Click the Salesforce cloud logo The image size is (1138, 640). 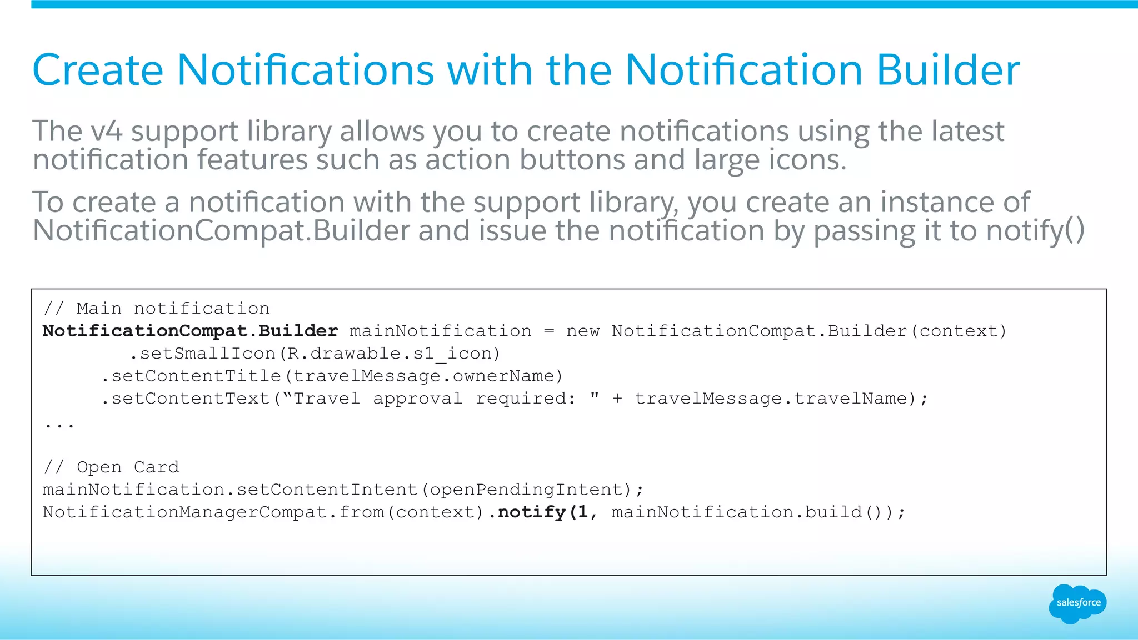pyautogui.click(x=1077, y=603)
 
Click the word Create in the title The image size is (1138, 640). pyautogui.click(x=98, y=70)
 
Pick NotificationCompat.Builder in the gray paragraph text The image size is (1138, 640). pyautogui.click(x=221, y=231)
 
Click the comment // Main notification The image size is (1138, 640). pyautogui.click(x=156, y=309)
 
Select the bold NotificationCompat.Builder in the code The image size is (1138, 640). pyautogui.click(x=190, y=331)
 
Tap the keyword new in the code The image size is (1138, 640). pyautogui.click(x=583, y=331)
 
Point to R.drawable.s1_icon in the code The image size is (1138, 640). pyautogui.click(x=390, y=354)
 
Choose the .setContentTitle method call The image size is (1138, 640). pyautogui.click(x=191, y=376)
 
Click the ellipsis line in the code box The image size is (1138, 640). pyautogui.click(x=59, y=425)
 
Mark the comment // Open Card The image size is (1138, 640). pyautogui.click(x=111, y=467)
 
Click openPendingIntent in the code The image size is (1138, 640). pyautogui.click(x=526, y=490)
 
